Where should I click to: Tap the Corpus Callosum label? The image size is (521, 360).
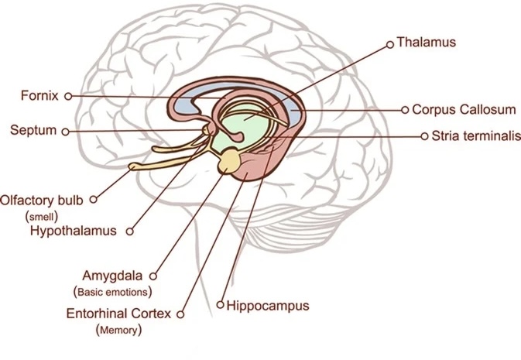tap(458, 111)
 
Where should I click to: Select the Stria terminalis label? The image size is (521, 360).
tap(469, 135)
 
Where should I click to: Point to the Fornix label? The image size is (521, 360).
tap(40, 96)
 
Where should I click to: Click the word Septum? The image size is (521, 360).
tap(33, 130)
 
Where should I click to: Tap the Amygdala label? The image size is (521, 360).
tap(115, 275)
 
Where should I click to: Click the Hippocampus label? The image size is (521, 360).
tap(268, 306)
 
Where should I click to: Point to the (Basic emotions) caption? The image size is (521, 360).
tap(112, 292)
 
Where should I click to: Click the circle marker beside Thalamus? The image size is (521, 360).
tap(390, 43)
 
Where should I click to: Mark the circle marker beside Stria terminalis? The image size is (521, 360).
tap(424, 135)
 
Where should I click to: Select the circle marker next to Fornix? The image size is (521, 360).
tap(68, 96)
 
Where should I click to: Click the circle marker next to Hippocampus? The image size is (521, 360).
tap(221, 306)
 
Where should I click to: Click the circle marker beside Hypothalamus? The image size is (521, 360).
tap(129, 231)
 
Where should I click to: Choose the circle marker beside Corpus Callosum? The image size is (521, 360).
tap(405, 111)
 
